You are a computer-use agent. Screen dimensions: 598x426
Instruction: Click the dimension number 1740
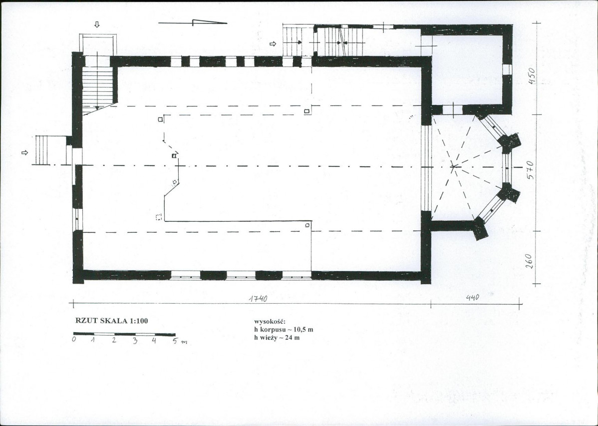pyautogui.click(x=258, y=298)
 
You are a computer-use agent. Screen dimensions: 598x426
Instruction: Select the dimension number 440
pyautogui.click(x=472, y=297)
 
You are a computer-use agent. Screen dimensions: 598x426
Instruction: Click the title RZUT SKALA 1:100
pyautogui.click(x=112, y=321)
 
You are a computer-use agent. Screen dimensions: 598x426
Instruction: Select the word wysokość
pyautogui.click(x=270, y=322)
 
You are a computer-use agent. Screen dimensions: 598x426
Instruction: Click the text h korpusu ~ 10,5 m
pyautogui.click(x=284, y=330)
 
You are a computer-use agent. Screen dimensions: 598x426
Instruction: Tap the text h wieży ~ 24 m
pyautogui.click(x=277, y=338)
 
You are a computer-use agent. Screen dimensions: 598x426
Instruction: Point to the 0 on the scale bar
pyautogui.click(x=75, y=339)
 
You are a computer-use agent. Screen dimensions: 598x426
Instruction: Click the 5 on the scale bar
pyautogui.click(x=175, y=341)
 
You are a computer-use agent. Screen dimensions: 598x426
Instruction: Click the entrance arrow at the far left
pyautogui.click(x=25, y=153)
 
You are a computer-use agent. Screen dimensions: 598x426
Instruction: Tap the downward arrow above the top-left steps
pyautogui.click(x=97, y=24)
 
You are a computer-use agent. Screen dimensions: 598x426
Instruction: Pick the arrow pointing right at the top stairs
pyautogui.click(x=273, y=43)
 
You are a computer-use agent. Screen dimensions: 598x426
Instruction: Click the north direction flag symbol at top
pyautogui.click(x=193, y=22)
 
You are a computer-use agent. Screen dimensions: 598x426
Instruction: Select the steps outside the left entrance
pyautogui.click(x=51, y=150)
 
